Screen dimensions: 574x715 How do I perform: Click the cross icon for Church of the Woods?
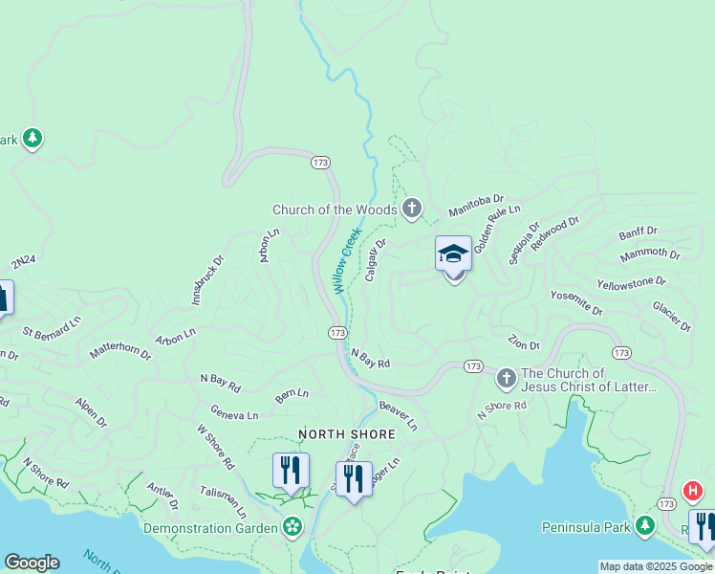pos(412,209)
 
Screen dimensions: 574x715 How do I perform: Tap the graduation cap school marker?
pos(453,254)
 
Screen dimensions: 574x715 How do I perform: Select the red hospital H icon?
pos(692,492)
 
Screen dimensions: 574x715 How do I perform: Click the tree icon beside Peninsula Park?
pos(645,526)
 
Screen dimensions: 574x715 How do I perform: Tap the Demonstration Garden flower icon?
pos(292,527)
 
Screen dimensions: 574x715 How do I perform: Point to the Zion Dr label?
pos(524,343)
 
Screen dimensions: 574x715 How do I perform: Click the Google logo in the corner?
pos(32,563)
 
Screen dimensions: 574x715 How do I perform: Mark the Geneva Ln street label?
pos(234,415)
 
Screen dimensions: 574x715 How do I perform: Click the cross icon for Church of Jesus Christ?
pos(507,381)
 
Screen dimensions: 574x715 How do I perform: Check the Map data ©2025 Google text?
pos(656,566)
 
